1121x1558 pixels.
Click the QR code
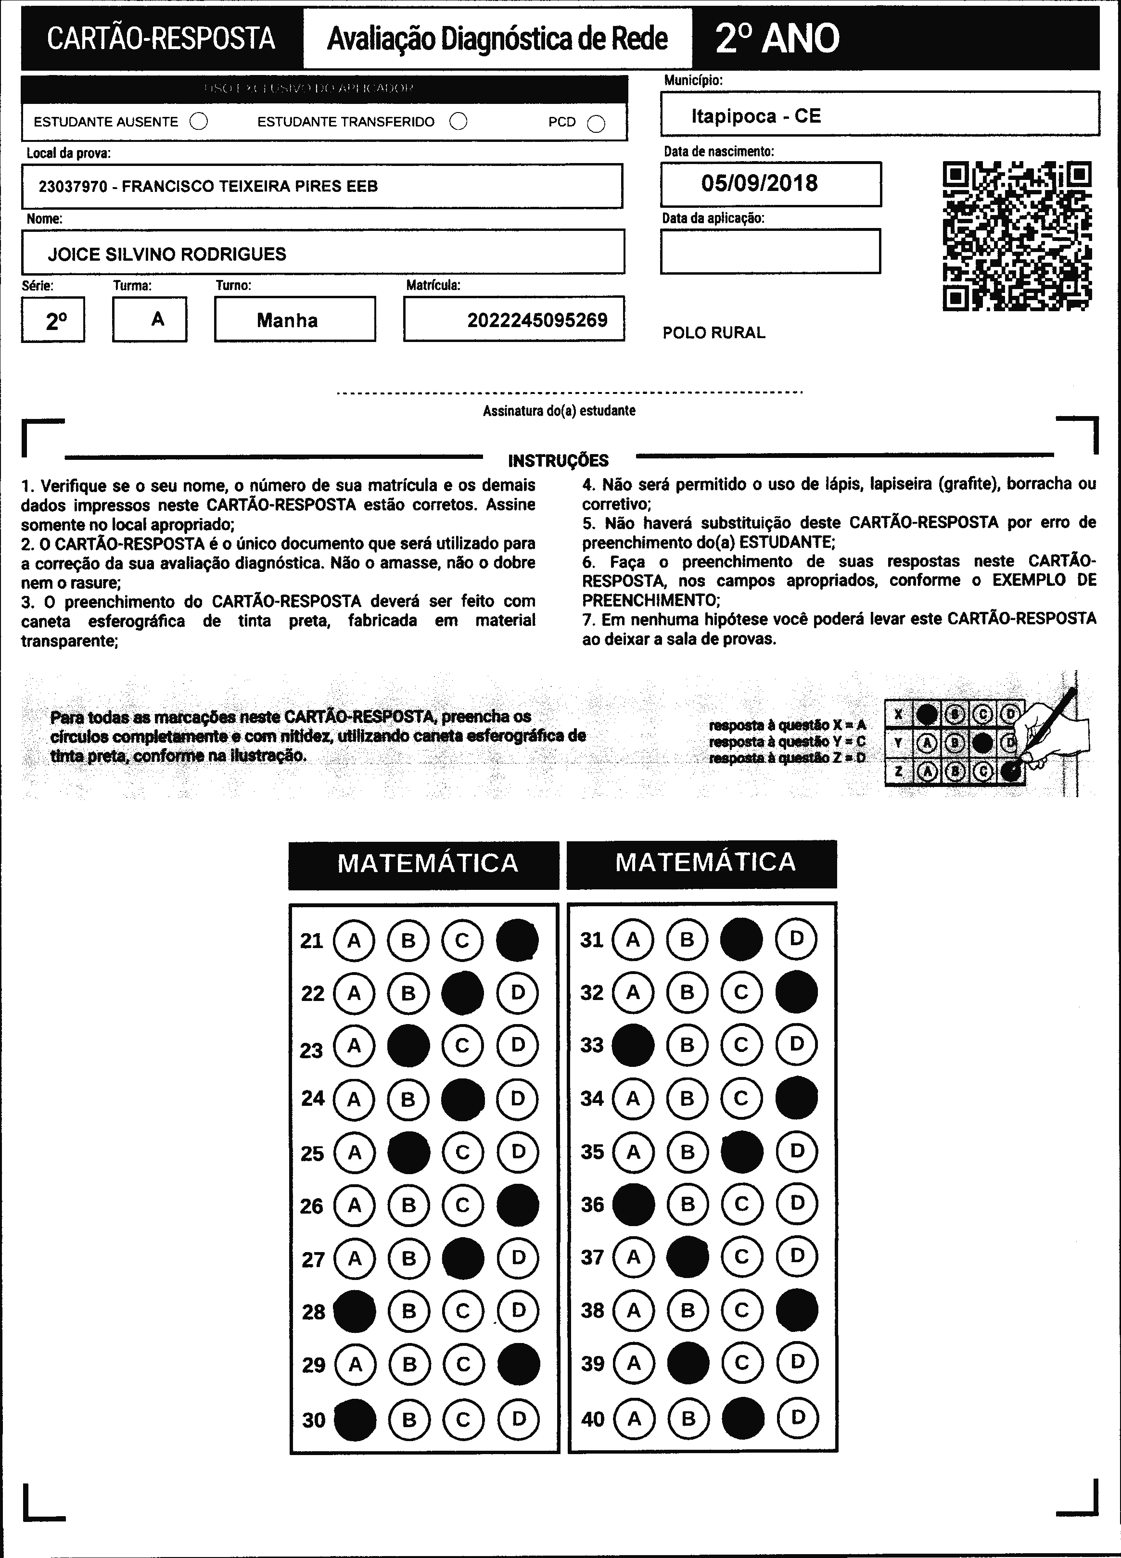click(x=1017, y=236)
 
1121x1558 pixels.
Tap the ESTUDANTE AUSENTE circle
click(x=199, y=122)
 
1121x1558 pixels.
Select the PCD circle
click(x=596, y=124)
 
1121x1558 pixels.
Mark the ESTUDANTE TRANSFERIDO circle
click(x=458, y=122)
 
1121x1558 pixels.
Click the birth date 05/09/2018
click(x=759, y=183)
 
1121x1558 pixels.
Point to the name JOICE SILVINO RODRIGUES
click(x=167, y=254)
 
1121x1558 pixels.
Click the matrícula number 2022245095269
click(x=537, y=320)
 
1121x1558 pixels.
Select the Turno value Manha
click(x=287, y=320)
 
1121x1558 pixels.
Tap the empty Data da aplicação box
click(x=770, y=252)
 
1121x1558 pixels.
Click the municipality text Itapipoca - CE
click(x=755, y=115)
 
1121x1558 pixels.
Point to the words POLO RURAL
click(x=713, y=333)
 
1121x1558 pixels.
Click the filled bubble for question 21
click(x=517, y=940)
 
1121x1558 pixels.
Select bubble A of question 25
click(x=355, y=1152)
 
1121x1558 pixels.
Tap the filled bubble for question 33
click(x=633, y=1046)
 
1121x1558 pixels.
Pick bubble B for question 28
click(x=408, y=1311)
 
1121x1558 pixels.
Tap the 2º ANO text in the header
click(x=777, y=38)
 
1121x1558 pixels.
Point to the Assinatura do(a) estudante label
click(x=559, y=411)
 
